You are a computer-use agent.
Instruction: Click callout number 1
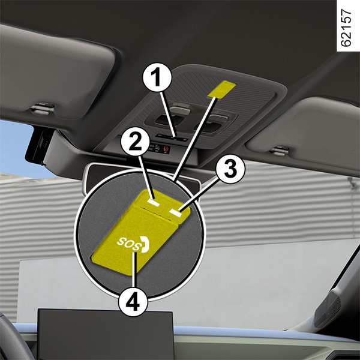(157, 77)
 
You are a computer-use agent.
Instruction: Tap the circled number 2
(135, 141)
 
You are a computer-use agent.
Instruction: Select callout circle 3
(230, 169)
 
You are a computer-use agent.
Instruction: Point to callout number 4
(133, 301)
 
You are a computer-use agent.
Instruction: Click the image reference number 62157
(346, 28)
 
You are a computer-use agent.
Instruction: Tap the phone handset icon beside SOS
(145, 244)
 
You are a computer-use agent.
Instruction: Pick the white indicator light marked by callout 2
(154, 202)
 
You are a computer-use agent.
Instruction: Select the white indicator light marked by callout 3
(176, 212)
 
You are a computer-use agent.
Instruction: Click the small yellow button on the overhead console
(221, 89)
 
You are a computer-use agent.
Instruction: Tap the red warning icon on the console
(166, 149)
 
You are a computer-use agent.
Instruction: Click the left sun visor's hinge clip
(43, 109)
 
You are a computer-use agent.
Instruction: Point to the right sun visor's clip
(278, 151)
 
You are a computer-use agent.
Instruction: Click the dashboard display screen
(106, 334)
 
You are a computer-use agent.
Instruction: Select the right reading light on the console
(211, 123)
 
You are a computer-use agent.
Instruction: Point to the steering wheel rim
(13, 337)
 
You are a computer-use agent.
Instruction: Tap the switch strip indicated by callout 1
(171, 137)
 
